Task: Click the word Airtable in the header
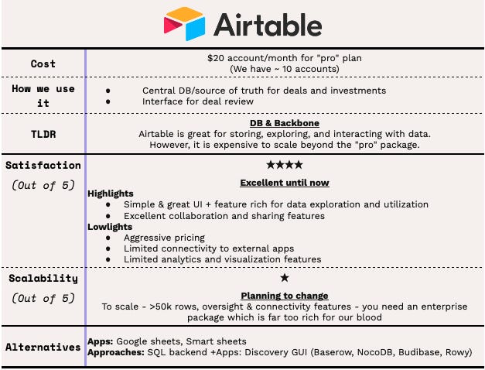pos(268,25)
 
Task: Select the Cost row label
pos(43,63)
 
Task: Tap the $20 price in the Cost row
pos(216,58)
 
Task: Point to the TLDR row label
pos(43,133)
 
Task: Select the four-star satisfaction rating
pos(284,165)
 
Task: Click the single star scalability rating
pos(284,277)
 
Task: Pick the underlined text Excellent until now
pos(284,183)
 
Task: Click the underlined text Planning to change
pos(284,296)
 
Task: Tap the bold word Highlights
pos(111,194)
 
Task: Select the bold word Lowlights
pos(109,227)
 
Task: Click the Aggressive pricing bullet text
pos(164,238)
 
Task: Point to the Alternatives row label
pos(43,347)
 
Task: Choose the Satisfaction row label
pos(43,165)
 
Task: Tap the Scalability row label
pos(43,278)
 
